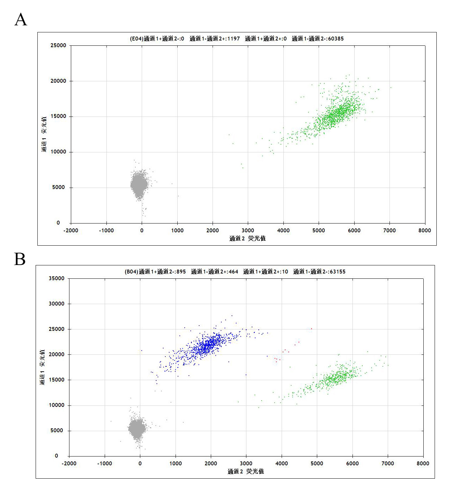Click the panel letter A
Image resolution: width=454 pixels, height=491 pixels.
tap(21, 20)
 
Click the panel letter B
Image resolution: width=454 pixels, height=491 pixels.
tap(20, 259)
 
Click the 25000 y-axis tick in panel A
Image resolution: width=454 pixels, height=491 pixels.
tap(58, 45)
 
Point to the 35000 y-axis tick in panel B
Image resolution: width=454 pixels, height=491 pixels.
tap(56, 278)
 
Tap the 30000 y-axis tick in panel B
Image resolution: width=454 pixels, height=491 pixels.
tap(56, 304)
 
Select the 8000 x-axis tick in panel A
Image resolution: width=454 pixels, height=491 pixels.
tap(424, 231)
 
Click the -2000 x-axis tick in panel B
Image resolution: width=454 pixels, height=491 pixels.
tap(69, 464)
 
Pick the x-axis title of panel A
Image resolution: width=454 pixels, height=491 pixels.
tap(247, 239)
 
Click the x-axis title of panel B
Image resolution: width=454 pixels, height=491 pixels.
tap(246, 472)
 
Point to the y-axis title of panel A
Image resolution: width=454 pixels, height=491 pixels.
tap(44, 134)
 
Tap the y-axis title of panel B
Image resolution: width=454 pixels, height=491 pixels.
tap(42, 367)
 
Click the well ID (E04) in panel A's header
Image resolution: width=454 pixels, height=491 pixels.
tap(137, 39)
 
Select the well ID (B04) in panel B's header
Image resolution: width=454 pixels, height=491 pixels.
tap(131, 272)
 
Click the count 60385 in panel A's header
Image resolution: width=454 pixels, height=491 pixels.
tap(336, 39)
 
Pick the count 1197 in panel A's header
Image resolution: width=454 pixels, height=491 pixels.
tap(233, 39)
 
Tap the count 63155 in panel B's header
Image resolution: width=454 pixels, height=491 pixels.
tap(337, 272)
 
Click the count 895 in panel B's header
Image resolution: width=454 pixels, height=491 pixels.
tap(181, 272)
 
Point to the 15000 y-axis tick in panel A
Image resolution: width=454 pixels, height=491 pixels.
tap(58, 117)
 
